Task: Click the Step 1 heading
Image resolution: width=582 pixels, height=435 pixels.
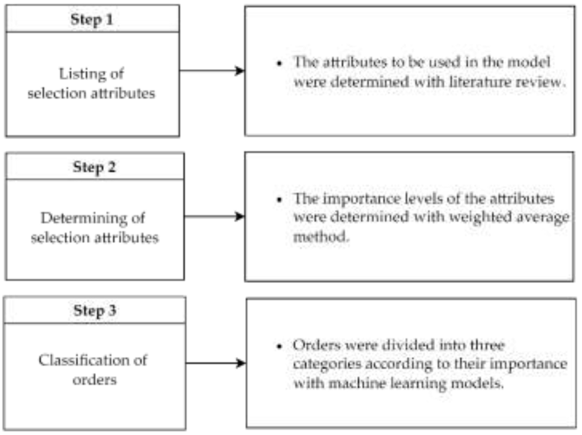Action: click(92, 20)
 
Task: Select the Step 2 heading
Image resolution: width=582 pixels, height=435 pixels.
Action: click(94, 168)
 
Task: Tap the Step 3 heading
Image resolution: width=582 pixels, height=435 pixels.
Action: click(95, 311)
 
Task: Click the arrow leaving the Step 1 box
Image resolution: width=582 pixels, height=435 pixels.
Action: click(212, 71)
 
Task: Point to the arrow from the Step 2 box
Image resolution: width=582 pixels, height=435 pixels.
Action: click(214, 216)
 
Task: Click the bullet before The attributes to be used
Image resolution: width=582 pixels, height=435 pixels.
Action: click(279, 63)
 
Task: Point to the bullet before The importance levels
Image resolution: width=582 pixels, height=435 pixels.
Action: click(279, 200)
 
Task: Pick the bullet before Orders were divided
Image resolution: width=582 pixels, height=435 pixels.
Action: click(279, 346)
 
